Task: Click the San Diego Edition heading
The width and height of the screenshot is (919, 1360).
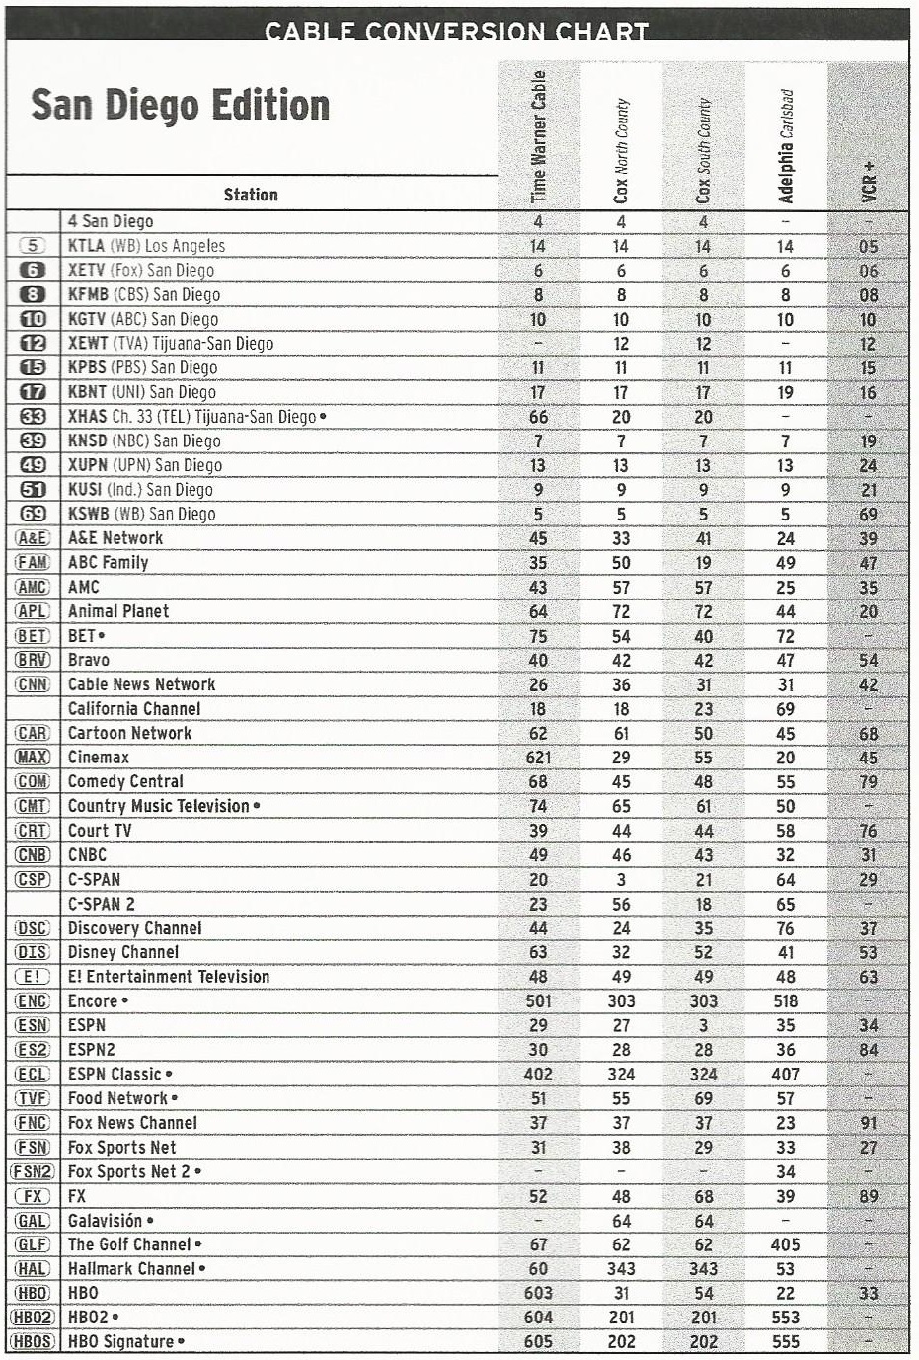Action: click(x=180, y=106)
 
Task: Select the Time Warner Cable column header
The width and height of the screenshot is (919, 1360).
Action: click(x=539, y=136)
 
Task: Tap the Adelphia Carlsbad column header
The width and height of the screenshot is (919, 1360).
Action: click(x=786, y=146)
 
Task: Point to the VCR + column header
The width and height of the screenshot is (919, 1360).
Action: click(x=869, y=182)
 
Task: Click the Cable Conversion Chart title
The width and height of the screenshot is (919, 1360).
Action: click(x=456, y=31)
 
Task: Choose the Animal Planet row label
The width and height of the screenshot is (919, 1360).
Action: click(x=118, y=611)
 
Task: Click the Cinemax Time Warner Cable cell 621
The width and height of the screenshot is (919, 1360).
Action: click(x=539, y=758)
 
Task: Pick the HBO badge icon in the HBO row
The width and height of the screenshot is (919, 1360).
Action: click(x=33, y=1293)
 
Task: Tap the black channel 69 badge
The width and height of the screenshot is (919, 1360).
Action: click(x=33, y=514)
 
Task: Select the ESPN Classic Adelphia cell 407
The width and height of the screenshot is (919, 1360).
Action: click(x=785, y=1074)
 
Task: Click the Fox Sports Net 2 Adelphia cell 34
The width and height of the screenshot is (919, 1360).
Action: click(x=785, y=1171)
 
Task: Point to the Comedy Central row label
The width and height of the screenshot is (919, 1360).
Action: click(x=125, y=781)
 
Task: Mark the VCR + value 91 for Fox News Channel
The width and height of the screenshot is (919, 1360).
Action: click(x=868, y=1123)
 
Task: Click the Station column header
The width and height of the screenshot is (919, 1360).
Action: click(x=251, y=195)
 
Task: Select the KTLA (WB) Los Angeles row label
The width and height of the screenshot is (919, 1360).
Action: click(x=146, y=246)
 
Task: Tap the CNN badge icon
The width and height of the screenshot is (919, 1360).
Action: click(x=33, y=684)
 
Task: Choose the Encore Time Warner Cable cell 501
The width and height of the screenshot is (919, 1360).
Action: click(x=539, y=1000)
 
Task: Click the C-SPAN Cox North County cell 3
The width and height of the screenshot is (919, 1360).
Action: click(x=621, y=879)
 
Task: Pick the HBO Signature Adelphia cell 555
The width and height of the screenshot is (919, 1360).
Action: click(x=785, y=1341)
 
